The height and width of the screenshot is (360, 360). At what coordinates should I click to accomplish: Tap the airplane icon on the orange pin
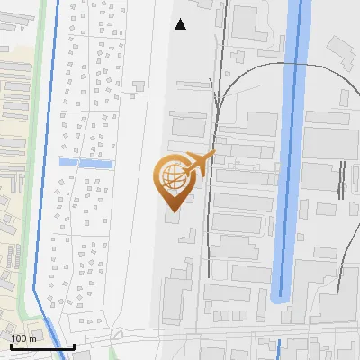199,164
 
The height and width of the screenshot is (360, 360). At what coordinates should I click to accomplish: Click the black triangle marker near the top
180,24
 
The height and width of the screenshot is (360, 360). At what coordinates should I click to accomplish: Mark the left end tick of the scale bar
12,345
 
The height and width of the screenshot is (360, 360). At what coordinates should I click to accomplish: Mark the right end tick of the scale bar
74,345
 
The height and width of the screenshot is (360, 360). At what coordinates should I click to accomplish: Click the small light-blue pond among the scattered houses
85,163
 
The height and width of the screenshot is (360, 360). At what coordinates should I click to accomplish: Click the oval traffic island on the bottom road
117,335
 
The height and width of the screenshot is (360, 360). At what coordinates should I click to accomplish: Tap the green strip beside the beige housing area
38,135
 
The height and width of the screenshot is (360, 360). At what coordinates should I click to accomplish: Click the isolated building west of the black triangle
138,86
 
